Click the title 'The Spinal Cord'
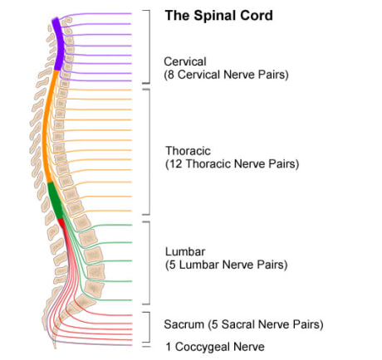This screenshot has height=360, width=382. point(218,16)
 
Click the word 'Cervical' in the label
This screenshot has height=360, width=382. point(185,61)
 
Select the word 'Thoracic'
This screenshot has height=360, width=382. point(188,151)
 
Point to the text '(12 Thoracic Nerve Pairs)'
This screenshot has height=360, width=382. point(232,164)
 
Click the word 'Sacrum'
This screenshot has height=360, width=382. point(185,324)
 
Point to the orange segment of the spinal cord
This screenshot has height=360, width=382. point(47,124)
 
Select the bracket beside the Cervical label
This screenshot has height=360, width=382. point(148,46)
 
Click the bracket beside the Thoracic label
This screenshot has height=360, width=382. point(148,151)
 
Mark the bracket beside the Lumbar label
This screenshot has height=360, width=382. point(148,260)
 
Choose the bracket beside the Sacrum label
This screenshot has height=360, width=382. point(148,324)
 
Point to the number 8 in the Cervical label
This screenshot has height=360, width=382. point(171,75)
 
